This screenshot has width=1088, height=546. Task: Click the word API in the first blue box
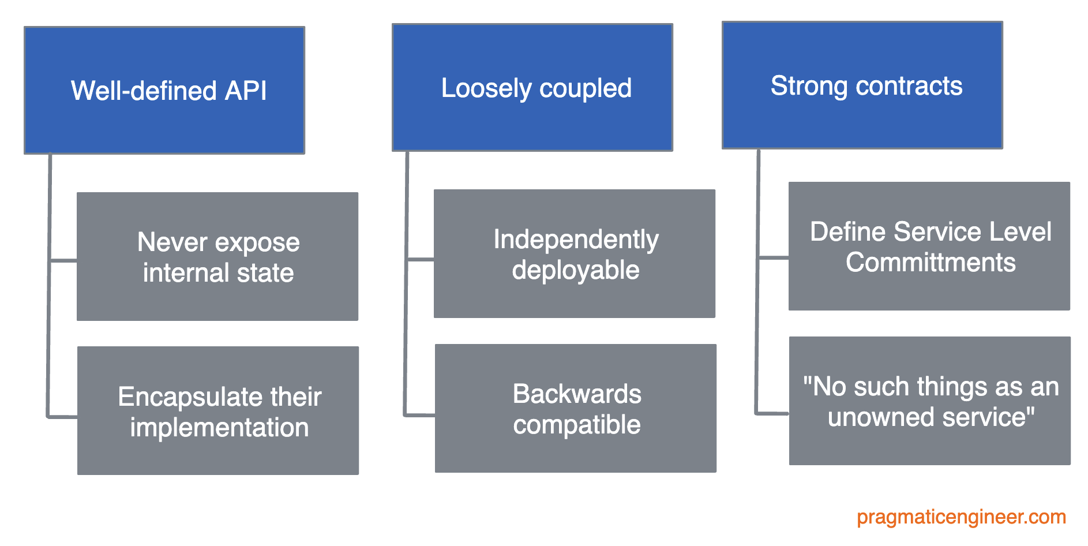pos(245,91)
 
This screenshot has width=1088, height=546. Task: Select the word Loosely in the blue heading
pos(486,88)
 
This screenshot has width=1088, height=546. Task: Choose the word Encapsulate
pos(185,397)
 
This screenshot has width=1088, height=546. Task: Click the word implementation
pos(219,428)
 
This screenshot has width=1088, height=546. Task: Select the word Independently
pos(575,240)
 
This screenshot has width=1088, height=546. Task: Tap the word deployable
pos(575,270)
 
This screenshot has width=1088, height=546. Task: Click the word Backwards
pos(576,394)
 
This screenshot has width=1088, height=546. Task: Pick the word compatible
pos(576,425)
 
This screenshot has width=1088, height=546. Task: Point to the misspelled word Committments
pos(930,263)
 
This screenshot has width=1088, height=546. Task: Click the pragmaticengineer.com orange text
pos(961,517)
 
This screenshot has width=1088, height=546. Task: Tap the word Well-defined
pos(144,91)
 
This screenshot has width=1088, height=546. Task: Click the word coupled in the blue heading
pos(585,88)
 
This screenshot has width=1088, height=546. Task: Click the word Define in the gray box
pos(847,232)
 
